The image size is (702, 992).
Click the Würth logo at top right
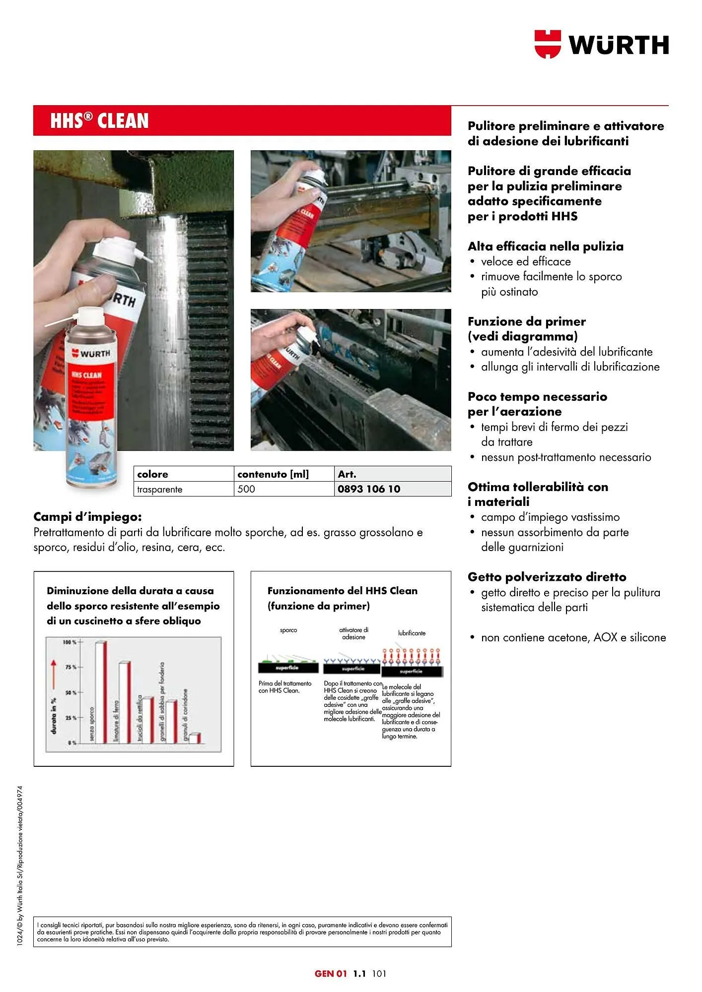(x=601, y=44)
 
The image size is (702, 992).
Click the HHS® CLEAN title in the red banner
(x=99, y=121)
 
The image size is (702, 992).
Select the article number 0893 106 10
(x=369, y=489)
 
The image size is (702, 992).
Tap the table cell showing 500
(x=246, y=489)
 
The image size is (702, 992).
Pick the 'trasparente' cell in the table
(x=160, y=490)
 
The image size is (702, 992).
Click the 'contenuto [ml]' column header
(x=273, y=474)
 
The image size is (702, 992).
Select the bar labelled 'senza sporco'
(x=101, y=692)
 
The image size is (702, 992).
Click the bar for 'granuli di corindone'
(x=195, y=738)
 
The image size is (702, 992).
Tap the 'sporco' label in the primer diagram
(x=288, y=630)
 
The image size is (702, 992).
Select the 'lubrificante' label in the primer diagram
(x=412, y=633)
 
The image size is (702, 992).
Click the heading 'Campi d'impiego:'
(x=87, y=517)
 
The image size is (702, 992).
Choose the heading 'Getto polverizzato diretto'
(x=547, y=577)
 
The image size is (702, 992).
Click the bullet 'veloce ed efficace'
(x=526, y=261)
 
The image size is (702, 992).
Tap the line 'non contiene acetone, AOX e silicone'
(x=573, y=637)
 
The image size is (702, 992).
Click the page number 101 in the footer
(x=378, y=974)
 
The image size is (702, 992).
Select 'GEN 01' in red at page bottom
(x=331, y=974)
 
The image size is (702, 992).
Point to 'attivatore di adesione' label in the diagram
(x=353, y=633)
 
